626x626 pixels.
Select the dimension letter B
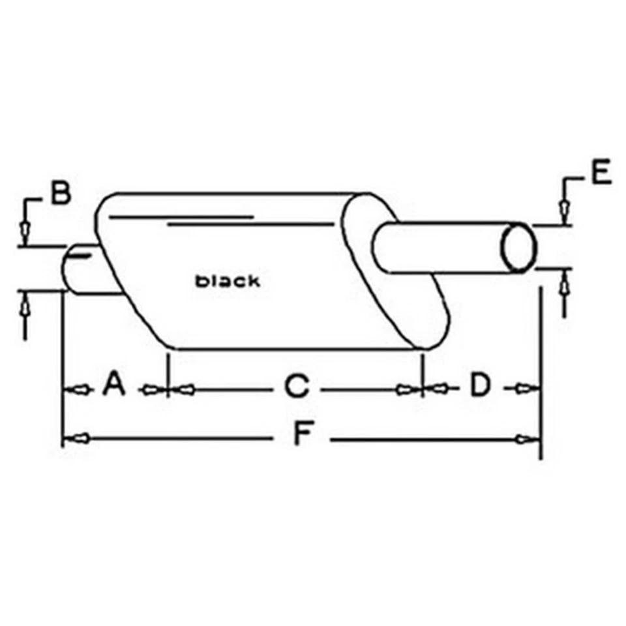coord(60,194)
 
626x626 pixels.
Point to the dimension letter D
coord(480,385)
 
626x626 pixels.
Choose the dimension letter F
coord(301,434)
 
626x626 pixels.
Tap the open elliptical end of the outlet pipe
coord(518,247)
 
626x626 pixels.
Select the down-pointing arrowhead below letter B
coord(25,230)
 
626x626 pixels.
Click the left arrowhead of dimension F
coord(76,440)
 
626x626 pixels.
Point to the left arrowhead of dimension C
coord(185,389)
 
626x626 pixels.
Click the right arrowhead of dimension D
coord(524,389)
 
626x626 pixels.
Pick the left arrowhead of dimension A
coord(78,389)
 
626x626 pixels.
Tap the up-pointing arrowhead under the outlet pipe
coord(565,284)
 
